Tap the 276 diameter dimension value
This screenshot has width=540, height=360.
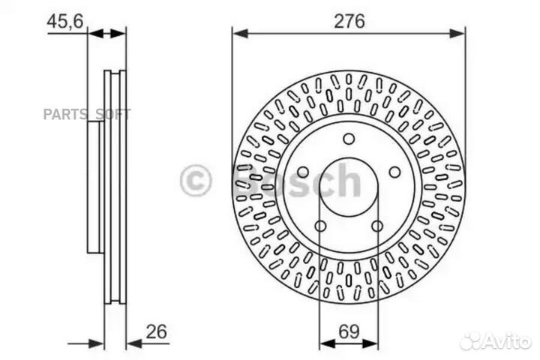tap(349, 21)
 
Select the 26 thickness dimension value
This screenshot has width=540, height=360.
tap(156, 331)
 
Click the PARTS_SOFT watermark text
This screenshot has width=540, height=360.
tap(86, 114)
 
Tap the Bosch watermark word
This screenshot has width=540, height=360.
tap(296, 181)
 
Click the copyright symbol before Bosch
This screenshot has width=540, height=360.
tap(196, 181)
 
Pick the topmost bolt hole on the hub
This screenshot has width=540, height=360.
tap(349, 138)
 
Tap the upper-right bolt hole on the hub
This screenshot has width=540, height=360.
tap(394, 172)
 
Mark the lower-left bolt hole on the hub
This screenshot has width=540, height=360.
tap(320, 226)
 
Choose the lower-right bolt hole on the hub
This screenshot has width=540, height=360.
tap(377, 226)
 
